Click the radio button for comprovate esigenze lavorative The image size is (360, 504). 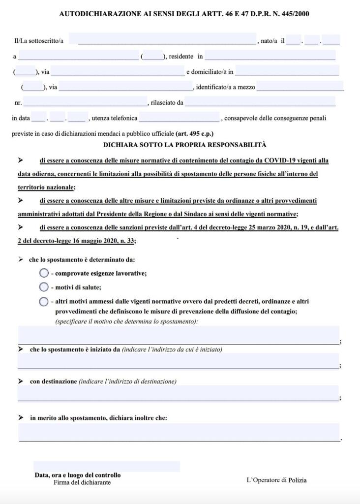pyautogui.click(x=44, y=273)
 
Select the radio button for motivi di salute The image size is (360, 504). pyautogui.click(x=44, y=287)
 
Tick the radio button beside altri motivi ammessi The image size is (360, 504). pyautogui.click(x=44, y=302)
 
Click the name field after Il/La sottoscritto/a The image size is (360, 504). pyautogui.click(x=167, y=40)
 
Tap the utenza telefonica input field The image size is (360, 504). pyautogui.click(x=179, y=118)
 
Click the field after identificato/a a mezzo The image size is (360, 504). pyautogui.click(x=300, y=87)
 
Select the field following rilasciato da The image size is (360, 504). pyautogui.click(x=260, y=102)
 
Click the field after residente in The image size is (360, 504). pyautogui.click(x=270, y=56)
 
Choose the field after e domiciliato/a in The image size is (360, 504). pyautogui.click(x=287, y=71)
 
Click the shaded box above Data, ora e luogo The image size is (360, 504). pyautogui.click(x=107, y=466)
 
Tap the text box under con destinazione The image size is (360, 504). pyautogui.click(x=178, y=393)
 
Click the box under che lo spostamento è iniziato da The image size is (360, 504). pyautogui.click(x=178, y=361)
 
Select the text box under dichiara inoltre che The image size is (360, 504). pyautogui.click(x=179, y=432)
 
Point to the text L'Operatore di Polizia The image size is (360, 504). pyautogui.click(x=276, y=480)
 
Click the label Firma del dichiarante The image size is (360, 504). pyautogui.click(x=82, y=482)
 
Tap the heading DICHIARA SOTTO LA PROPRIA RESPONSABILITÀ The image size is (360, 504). pyautogui.click(x=184, y=145)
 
